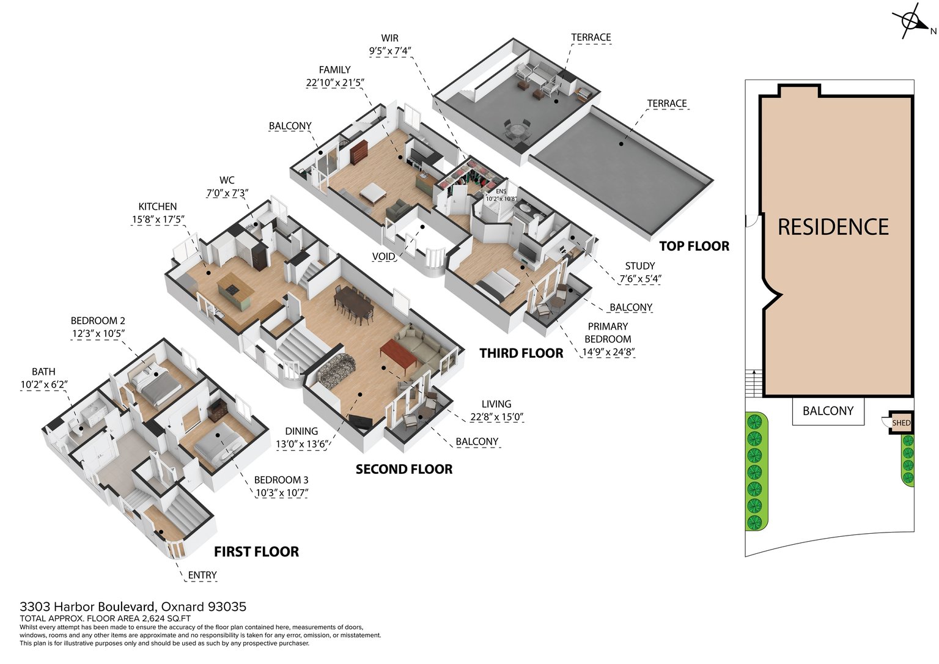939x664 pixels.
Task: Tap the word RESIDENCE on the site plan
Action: [833, 227]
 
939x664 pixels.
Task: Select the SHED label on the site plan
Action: [901, 422]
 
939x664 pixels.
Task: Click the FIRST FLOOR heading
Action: [256, 552]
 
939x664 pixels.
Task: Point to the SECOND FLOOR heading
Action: [404, 470]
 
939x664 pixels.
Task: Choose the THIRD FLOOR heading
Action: [521, 353]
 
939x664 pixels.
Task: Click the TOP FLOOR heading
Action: [694, 246]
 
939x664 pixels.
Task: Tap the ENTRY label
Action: [202, 575]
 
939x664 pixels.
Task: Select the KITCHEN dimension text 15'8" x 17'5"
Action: [158, 219]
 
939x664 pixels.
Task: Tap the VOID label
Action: [383, 257]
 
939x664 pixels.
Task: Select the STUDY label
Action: [639, 266]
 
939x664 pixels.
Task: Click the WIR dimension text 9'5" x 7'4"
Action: [390, 51]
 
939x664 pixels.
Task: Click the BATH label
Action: [43, 372]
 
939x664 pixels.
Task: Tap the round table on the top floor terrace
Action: [517, 131]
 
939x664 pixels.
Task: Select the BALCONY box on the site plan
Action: [828, 411]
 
